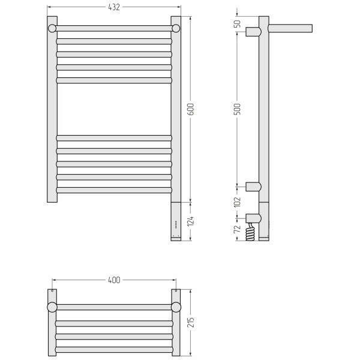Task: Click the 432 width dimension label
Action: click(x=114, y=7)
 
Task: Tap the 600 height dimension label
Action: click(x=191, y=109)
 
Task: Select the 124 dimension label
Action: click(x=191, y=221)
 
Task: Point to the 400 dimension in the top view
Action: click(x=114, y=280)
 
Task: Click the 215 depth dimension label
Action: click(x=191, y=322)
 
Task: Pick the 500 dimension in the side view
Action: click(x=238, y=109)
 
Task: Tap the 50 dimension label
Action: click(x=238, y=23)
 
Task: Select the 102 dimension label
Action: click(x=238, y=202)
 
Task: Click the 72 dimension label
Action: click(x=238, y=229)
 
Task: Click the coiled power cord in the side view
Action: click(x=250, y=232)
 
